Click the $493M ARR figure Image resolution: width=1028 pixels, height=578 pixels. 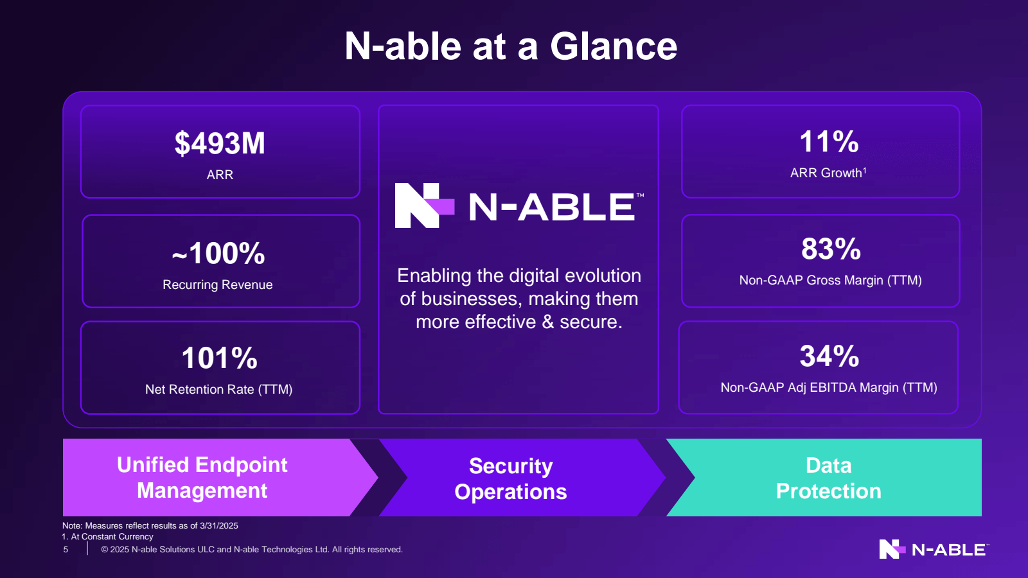point(220,143)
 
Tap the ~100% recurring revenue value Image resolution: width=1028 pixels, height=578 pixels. point(218,253)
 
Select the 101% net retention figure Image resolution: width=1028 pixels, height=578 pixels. point(219,358)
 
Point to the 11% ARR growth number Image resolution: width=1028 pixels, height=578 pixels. point(829,141)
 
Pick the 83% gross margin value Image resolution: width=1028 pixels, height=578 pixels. point(831,249)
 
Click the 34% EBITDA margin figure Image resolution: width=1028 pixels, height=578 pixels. point(829,356)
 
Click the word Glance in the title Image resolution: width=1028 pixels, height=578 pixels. point(613,46)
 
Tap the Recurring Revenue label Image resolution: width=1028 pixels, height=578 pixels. point(218,285)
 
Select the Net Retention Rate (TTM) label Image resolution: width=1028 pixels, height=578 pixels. point(218,389)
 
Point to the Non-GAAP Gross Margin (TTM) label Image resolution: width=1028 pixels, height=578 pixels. point(830,280)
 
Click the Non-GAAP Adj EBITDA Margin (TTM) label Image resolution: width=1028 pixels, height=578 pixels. point(829,388)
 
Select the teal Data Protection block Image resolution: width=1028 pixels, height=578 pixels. point(828,478)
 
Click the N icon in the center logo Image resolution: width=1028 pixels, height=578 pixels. point(425,206)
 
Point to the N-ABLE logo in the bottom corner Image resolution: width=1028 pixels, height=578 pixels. point(934,549)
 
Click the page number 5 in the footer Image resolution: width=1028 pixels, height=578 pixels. point(66,550)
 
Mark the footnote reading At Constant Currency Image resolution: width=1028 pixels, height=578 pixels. point(112,537)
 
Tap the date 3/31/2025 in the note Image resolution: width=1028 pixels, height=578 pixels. point(219,526)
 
